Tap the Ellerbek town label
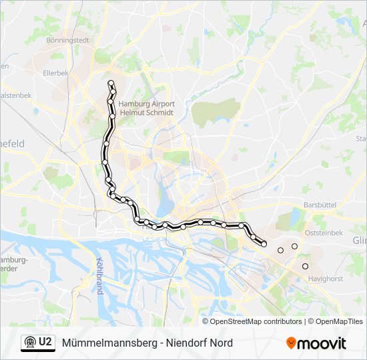click(x=56, y=73)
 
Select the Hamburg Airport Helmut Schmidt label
click(x=147, y=108)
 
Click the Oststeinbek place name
click(x=323, y=233)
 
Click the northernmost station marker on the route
click(x=111, y=83)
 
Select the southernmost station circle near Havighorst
click(x=305, y=267)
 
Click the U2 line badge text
click(x=45, y=343)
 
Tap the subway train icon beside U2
click(x=29, y=343)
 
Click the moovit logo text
click(x=322, y=343)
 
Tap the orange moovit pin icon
click(x=291, y=343)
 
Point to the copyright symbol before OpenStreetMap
click(x=206, y=321)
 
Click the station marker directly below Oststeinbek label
click(x=294, y=247)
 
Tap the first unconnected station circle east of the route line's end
click(x=280, y=250)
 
